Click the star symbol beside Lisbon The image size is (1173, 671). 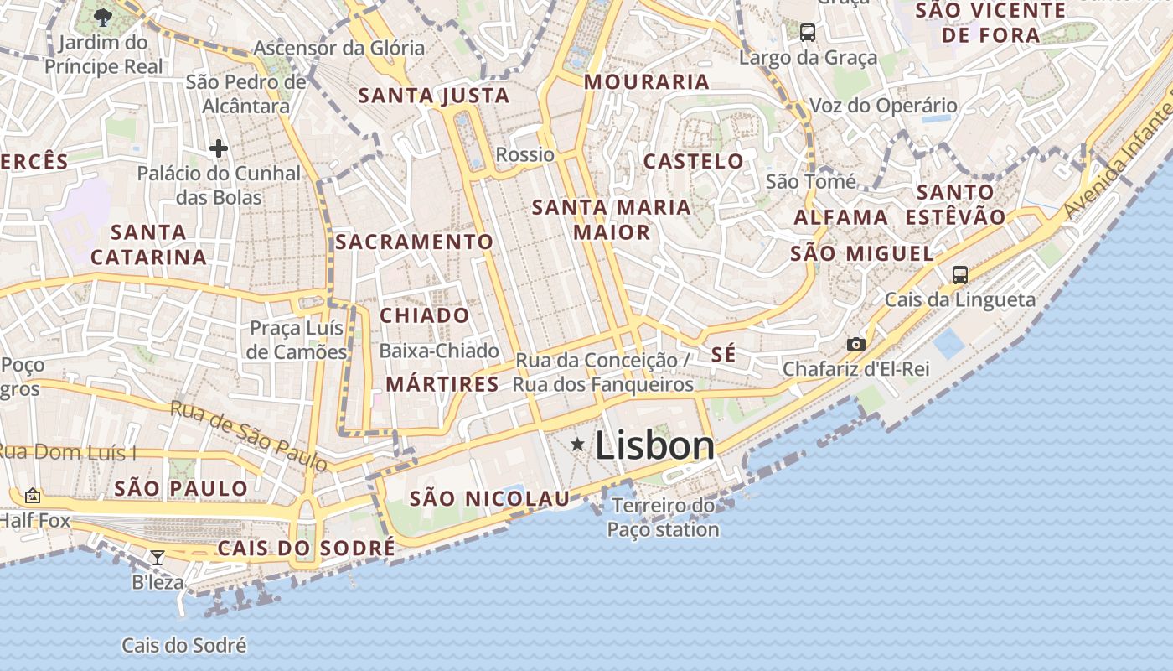coord(577,445)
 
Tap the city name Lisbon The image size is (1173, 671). coord(655,445)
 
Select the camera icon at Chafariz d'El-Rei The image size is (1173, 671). coord(855,344)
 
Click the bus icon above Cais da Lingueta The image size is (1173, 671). coord(959,274)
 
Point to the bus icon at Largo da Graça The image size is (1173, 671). coord(808,33)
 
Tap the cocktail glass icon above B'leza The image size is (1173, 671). coord(158,557)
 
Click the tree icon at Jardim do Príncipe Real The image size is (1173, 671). coord(103,17)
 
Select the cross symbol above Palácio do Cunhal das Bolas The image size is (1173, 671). coord(219,149)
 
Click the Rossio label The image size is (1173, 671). coord(525,154)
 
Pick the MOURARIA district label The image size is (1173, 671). coord(647,82)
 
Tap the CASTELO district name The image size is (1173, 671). coord(693,161)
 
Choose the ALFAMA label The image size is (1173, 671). coord(841,217)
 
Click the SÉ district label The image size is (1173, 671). coord(723,354)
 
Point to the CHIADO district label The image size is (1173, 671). coord(425,316)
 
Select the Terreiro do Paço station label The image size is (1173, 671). coord(663,518)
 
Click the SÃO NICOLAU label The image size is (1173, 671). coord(489,499)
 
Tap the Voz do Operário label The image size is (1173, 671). coord(883,106)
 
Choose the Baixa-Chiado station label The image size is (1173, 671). coord(439,351)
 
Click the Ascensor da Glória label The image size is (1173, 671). coord(339,48)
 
